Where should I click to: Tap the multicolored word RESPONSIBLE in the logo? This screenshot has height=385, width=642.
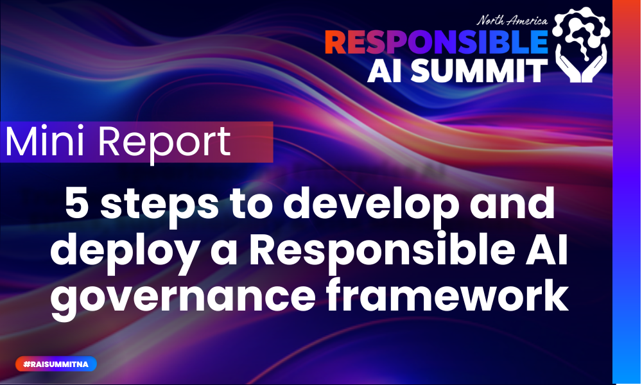[436, 42]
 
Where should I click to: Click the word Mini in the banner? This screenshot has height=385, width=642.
[44, 142]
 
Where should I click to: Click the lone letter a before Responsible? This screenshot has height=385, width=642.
[225, 255]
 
